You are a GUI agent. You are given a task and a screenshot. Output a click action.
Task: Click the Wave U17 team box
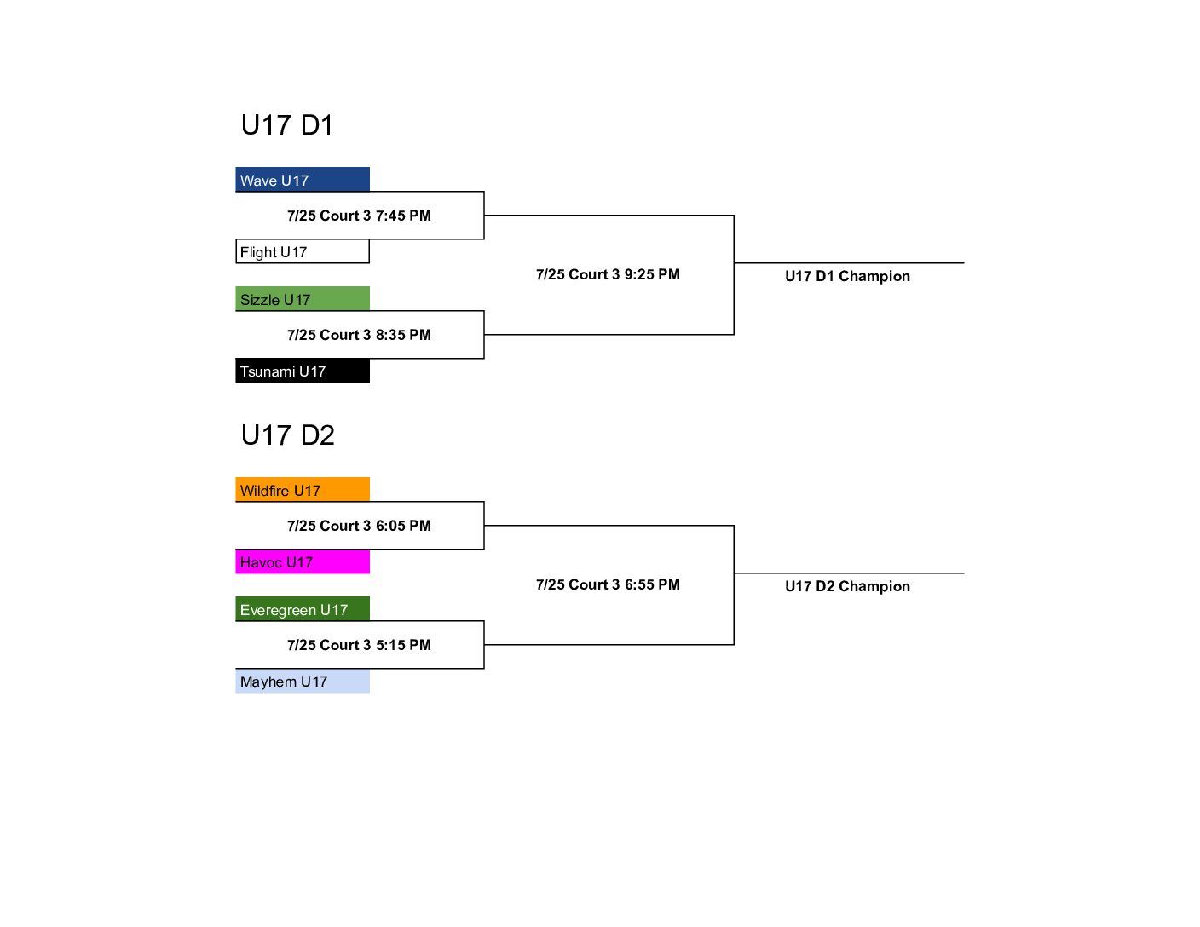click(x=302, y=180)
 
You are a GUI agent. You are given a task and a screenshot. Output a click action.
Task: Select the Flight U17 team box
click(x=302, y=251)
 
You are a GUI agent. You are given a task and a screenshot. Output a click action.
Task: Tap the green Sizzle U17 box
click(x=302, y=299)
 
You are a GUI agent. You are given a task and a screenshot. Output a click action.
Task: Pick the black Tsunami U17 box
click(x=302, y=371)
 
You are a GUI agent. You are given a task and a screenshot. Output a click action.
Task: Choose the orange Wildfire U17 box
click(x=302, y=490)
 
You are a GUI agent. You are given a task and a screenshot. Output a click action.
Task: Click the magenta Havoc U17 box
click(x=302, y=561)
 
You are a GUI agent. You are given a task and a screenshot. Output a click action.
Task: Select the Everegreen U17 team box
click(x=302, y=609)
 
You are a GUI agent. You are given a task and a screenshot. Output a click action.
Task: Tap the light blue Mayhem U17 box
click(x=302, y=681)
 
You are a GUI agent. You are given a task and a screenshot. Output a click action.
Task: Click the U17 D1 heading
click(x=287, y=124)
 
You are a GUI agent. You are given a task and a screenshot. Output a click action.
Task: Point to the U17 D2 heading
click(x=288, y=435)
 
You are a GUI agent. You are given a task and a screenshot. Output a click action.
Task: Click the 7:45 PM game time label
click(x=359, y=216)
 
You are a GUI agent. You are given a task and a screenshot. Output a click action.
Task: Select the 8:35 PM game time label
click(x=359, y=335)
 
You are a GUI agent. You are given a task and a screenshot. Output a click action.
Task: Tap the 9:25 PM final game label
click(x=608, y=274)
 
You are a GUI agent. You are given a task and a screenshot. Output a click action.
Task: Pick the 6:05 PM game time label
click(x=359, y=526)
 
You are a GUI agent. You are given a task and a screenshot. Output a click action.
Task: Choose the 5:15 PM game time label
click(x=359, y=645)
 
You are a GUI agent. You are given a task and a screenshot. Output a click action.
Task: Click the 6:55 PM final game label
click(x=608, y=584)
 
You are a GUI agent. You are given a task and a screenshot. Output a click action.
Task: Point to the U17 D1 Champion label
click(x=848, y=276)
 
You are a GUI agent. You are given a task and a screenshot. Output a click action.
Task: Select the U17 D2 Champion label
click(x=848, y=586)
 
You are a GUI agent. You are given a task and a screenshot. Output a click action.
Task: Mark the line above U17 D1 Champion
click(x=850, y=263)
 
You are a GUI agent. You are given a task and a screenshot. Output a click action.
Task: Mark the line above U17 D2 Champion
click(x=850, y=573)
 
